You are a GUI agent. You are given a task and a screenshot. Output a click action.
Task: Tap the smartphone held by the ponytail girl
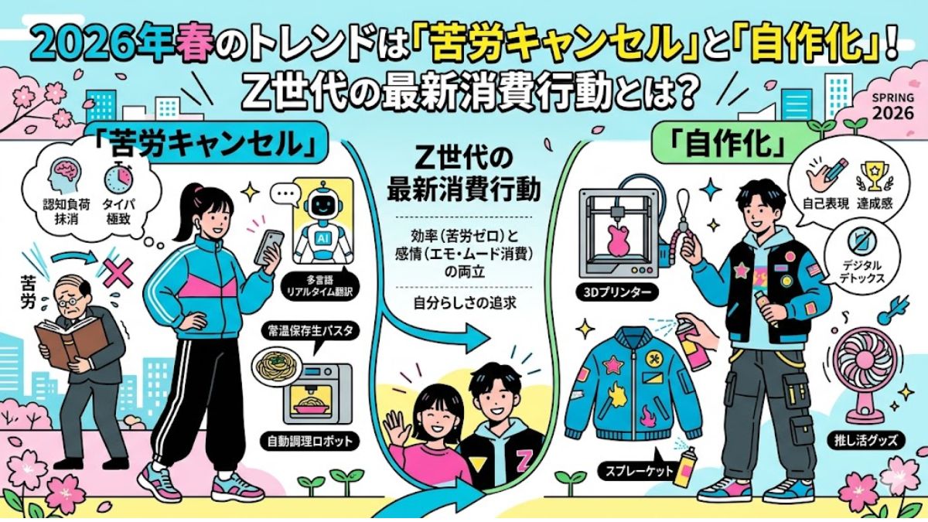pyautogui.click(x=269, y=247)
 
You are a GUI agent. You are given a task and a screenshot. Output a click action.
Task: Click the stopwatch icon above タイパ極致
pyautogui.click(x=119, y=177)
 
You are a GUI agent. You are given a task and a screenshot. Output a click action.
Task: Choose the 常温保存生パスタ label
pyautogui.click(x=310, y=331)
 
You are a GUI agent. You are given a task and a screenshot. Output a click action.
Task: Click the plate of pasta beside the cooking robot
pyautogui.click(x=277, y=367)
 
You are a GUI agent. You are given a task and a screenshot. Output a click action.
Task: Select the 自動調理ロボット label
pyautogui.click(x=310, y=441)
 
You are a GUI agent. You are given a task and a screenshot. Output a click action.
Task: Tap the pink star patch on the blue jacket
pyautogui.click(x=613, y=365)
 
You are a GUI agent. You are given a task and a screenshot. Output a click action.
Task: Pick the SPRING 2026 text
pyautogui.click(x=893, y=107)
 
